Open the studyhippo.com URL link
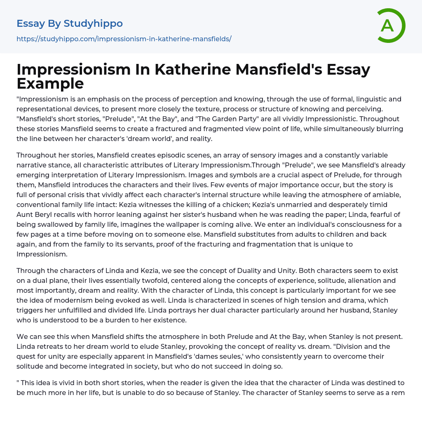124,39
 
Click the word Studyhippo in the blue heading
93,24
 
